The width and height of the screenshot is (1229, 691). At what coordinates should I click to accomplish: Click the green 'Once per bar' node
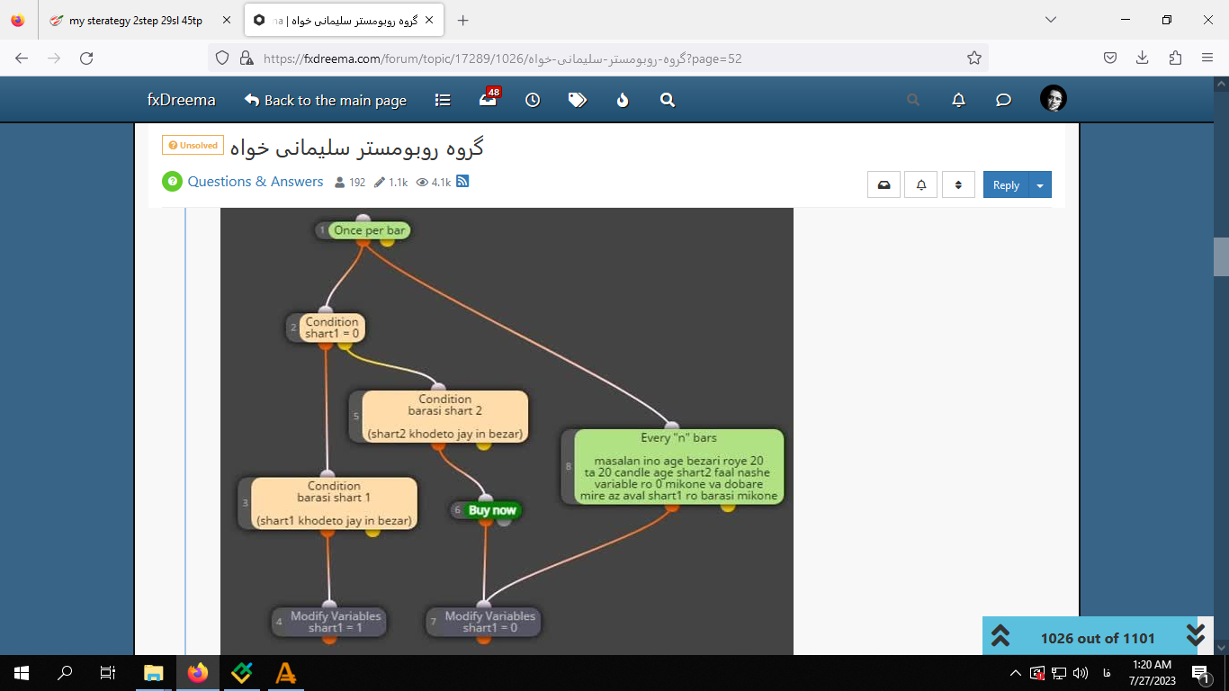pyautogui.click(x=369, y=230)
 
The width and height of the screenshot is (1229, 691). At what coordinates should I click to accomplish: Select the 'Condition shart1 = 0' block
pyautogui.click(x=331, y=328)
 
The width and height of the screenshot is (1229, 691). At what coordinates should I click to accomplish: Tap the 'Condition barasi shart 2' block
pyautogui.click(x=444, y=416)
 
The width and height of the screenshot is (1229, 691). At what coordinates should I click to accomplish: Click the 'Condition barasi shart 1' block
pyautogui.click(x=334, y=503)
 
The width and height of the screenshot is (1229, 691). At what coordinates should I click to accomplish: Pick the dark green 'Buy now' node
pyautogui.click(x=492, y=510)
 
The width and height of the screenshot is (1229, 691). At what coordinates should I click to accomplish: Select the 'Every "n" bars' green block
pyautogui.click(x=678, y=467)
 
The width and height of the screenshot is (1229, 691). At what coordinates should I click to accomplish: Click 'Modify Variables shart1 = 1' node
pyautogui.click(x=336, y=622)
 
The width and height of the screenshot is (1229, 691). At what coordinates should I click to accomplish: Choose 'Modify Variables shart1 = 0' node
pyautogui.click(x=489, y=622)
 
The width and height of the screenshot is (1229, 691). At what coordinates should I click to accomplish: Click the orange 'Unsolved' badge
pyautogui.click(x=193, y=146)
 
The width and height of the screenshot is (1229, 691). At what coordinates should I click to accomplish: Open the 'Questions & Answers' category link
pyautogui.click(x=256, y=182)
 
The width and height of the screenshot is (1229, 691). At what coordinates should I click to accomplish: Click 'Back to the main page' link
pyautogui.click(x=326, y=100)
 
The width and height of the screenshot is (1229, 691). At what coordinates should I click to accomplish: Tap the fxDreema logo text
pyautogui.click(x=181, y=100)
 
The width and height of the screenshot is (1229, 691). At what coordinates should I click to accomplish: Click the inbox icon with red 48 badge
pyautogui.click(x=489, y=99)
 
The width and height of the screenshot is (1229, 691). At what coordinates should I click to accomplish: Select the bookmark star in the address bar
pyautogui.click(x=973, y=58)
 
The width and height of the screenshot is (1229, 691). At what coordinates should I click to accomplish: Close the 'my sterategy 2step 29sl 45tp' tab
pyautogui.click(x=227, y=21)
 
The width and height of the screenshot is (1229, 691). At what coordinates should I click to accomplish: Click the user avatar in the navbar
pyautogui.click(x=1053, y=99)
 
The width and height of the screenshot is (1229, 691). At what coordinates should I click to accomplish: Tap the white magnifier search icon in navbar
pyautogui.click(x=668, y=100)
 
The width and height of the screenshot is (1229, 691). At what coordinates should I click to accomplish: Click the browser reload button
pyautogui.click(x=86, y=58)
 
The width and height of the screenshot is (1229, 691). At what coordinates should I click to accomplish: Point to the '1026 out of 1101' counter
pyautogui.click(x=1098, y=638)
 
